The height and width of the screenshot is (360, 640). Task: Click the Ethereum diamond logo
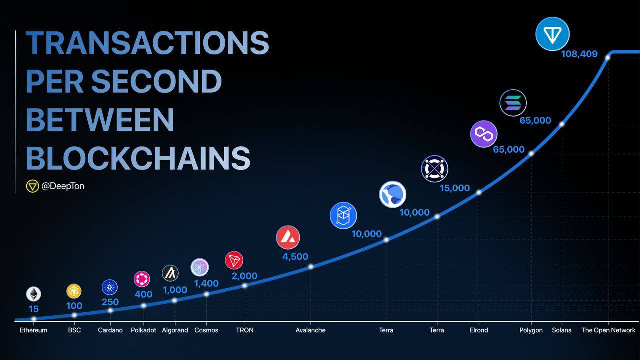coord(33,294)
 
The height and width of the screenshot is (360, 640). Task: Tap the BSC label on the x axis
coord(74,330)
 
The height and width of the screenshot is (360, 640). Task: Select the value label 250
coord(110,302)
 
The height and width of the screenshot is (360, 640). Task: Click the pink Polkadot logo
coord(142,279)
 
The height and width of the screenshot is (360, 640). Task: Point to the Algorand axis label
coord(175,330)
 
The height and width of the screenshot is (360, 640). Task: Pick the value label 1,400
coord(206,283)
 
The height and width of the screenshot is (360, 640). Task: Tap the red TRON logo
coord(234,260)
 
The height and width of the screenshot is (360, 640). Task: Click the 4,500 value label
coord(295,257)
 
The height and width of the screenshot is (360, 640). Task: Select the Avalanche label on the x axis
coord(310,330)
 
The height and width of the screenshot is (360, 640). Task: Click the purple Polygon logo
coord(484,134)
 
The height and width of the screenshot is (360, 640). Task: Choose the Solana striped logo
coord(513,103)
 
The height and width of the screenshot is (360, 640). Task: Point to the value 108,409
coord(579,54)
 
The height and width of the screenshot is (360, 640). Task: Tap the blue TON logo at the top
coord(552,34)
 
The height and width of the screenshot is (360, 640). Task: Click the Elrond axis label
coord(479,330)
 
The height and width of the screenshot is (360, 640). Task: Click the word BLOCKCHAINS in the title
coord(138,158)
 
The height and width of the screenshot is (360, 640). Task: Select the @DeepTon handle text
coord(63,186)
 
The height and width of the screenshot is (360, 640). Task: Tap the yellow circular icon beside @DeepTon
coord(32,186)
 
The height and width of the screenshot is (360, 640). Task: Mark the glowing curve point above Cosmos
coord(206,294)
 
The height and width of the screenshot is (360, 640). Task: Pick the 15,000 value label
coord(455,188)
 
